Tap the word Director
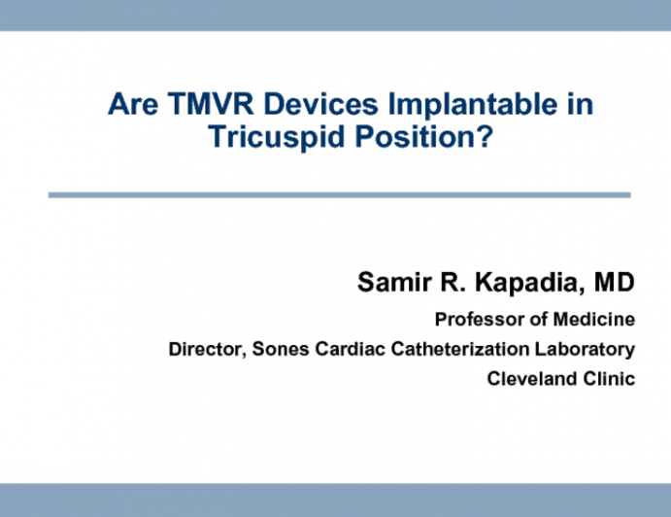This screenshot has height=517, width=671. [206, 349]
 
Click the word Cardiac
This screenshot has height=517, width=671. [342, 349]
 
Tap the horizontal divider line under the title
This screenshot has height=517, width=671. [339, 195]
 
